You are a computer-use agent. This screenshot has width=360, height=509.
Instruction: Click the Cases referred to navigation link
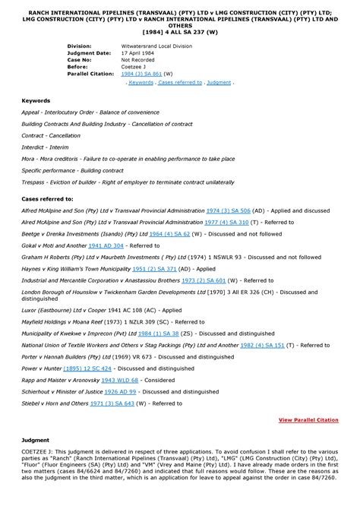tap(179, 81)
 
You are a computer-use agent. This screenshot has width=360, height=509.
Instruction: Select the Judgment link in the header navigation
tap(219, 81)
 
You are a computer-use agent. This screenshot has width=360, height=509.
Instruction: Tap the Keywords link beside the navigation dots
tap(141, 81)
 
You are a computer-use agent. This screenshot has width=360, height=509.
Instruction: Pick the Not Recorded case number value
tap(140, 60)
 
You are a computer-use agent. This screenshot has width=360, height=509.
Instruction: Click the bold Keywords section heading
tap(35, 101)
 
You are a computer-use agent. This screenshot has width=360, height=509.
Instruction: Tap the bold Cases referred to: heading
tap(47, 198)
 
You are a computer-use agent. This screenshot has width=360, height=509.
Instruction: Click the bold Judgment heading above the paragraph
tap(36, 440)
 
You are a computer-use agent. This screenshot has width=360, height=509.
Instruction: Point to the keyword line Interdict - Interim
tap(51, 147)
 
